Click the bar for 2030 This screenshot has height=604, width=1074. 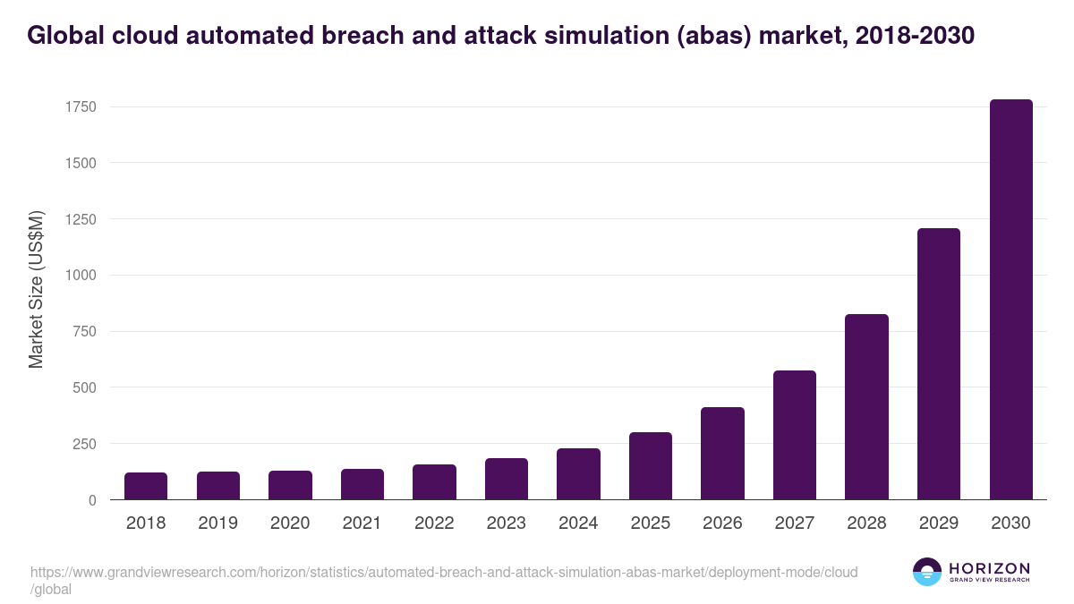point(1010,300)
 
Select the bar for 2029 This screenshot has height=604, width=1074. point(939,364)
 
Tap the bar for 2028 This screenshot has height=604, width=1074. point(866,407)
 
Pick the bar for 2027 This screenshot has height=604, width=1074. point(795,435)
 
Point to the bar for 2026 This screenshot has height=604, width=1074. point(722,454)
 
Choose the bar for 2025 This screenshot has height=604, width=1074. point(651,466)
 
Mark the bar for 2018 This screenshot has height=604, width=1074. point(146,486)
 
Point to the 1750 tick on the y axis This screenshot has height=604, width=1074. point(81,107)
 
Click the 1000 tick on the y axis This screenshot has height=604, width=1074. point(81,276)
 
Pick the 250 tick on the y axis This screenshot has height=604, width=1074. point(84,444)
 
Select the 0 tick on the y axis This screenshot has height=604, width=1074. point(92,500)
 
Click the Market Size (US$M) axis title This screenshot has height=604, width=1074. point(36,289)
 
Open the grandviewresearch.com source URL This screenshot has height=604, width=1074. point(443,572)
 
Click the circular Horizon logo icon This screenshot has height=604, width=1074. point(927,572)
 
